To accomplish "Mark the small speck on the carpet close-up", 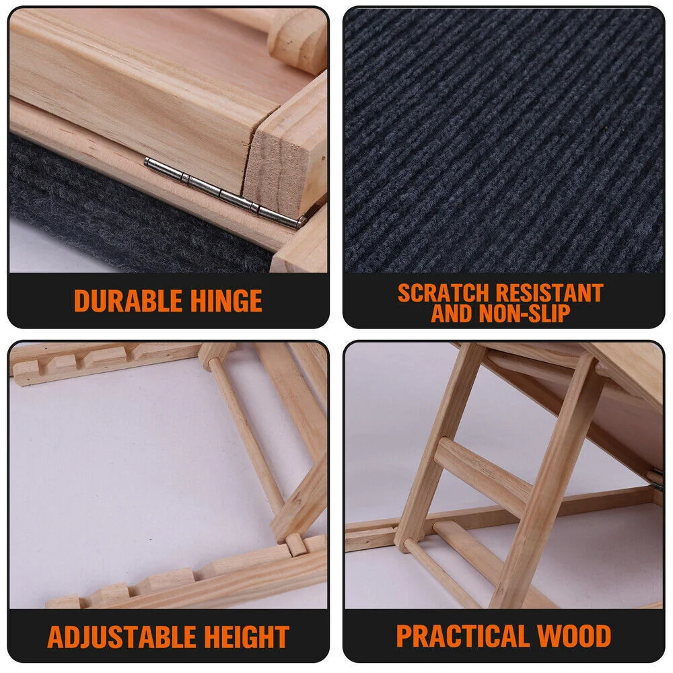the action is (x=606, y=127).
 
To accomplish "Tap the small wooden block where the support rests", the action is (x=296, y=544).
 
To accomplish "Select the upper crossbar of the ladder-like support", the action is (x=483, y=476).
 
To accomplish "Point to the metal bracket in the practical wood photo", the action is (x=656, y=477).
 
